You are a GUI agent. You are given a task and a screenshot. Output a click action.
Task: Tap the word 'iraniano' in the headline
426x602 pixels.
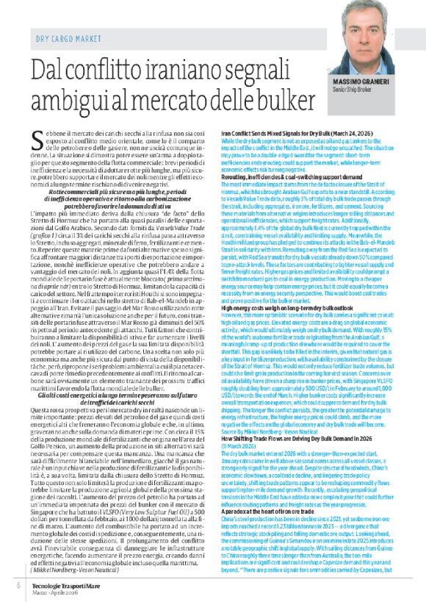[188, 73]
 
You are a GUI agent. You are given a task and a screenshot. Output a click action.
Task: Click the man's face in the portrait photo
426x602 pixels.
[368, 36]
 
